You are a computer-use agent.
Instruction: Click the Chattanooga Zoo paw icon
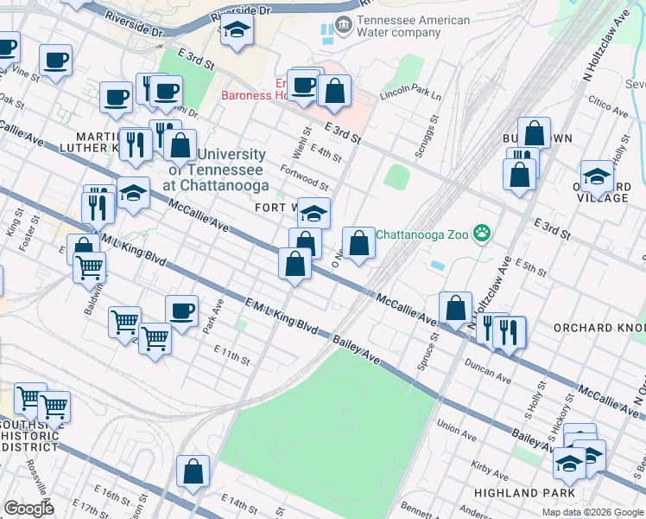coord(482,234)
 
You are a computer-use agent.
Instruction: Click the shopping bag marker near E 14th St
coord(193,471)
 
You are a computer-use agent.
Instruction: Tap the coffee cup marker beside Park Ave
coord(181,311)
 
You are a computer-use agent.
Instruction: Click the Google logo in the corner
coord(28,509)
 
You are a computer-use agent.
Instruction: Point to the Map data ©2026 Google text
coord(592,512)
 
